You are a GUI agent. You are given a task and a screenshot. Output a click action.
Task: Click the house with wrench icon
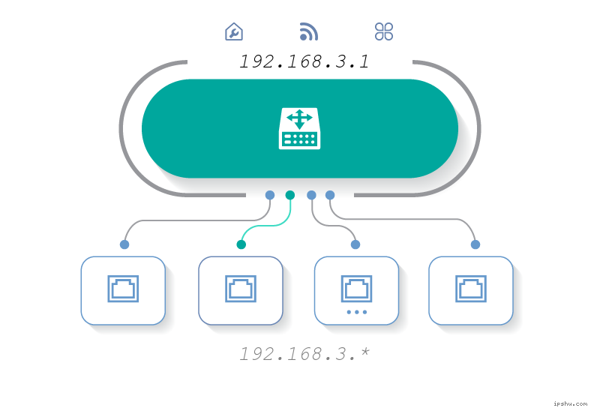coord(234,31)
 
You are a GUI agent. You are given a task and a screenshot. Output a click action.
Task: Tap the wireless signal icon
coord(308,31)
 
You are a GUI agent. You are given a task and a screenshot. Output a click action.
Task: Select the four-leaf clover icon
coord(384,31)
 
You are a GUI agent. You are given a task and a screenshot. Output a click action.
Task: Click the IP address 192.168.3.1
coord(304,61)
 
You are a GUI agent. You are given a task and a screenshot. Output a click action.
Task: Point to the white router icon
coord(299,128)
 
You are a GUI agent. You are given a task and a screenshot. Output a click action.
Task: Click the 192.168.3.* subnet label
coord(304,354)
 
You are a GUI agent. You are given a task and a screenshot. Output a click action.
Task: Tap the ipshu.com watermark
coord(569,402)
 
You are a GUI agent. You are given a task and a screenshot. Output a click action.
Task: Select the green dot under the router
coord(290,195)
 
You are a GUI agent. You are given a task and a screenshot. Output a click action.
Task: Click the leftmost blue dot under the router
coord(270,195)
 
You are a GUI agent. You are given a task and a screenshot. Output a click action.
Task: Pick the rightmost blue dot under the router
coord(330,195)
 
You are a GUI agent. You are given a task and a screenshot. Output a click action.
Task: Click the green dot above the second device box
coord(241,244)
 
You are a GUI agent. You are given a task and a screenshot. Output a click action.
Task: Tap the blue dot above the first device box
coord(124,244)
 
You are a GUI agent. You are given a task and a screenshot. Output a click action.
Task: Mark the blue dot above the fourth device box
coord(475,244)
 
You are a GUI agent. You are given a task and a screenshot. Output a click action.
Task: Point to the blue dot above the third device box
coord(355,244)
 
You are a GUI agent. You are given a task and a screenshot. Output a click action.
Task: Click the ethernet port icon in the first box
coord(123,289)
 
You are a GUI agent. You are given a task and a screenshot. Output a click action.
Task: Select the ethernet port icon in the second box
coord(240,289)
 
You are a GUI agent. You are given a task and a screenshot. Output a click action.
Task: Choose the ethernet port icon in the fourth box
coord(471,289)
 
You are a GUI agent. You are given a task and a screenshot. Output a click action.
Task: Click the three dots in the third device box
coord(356,311)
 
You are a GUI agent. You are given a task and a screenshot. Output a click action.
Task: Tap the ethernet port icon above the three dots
coord(356,287)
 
